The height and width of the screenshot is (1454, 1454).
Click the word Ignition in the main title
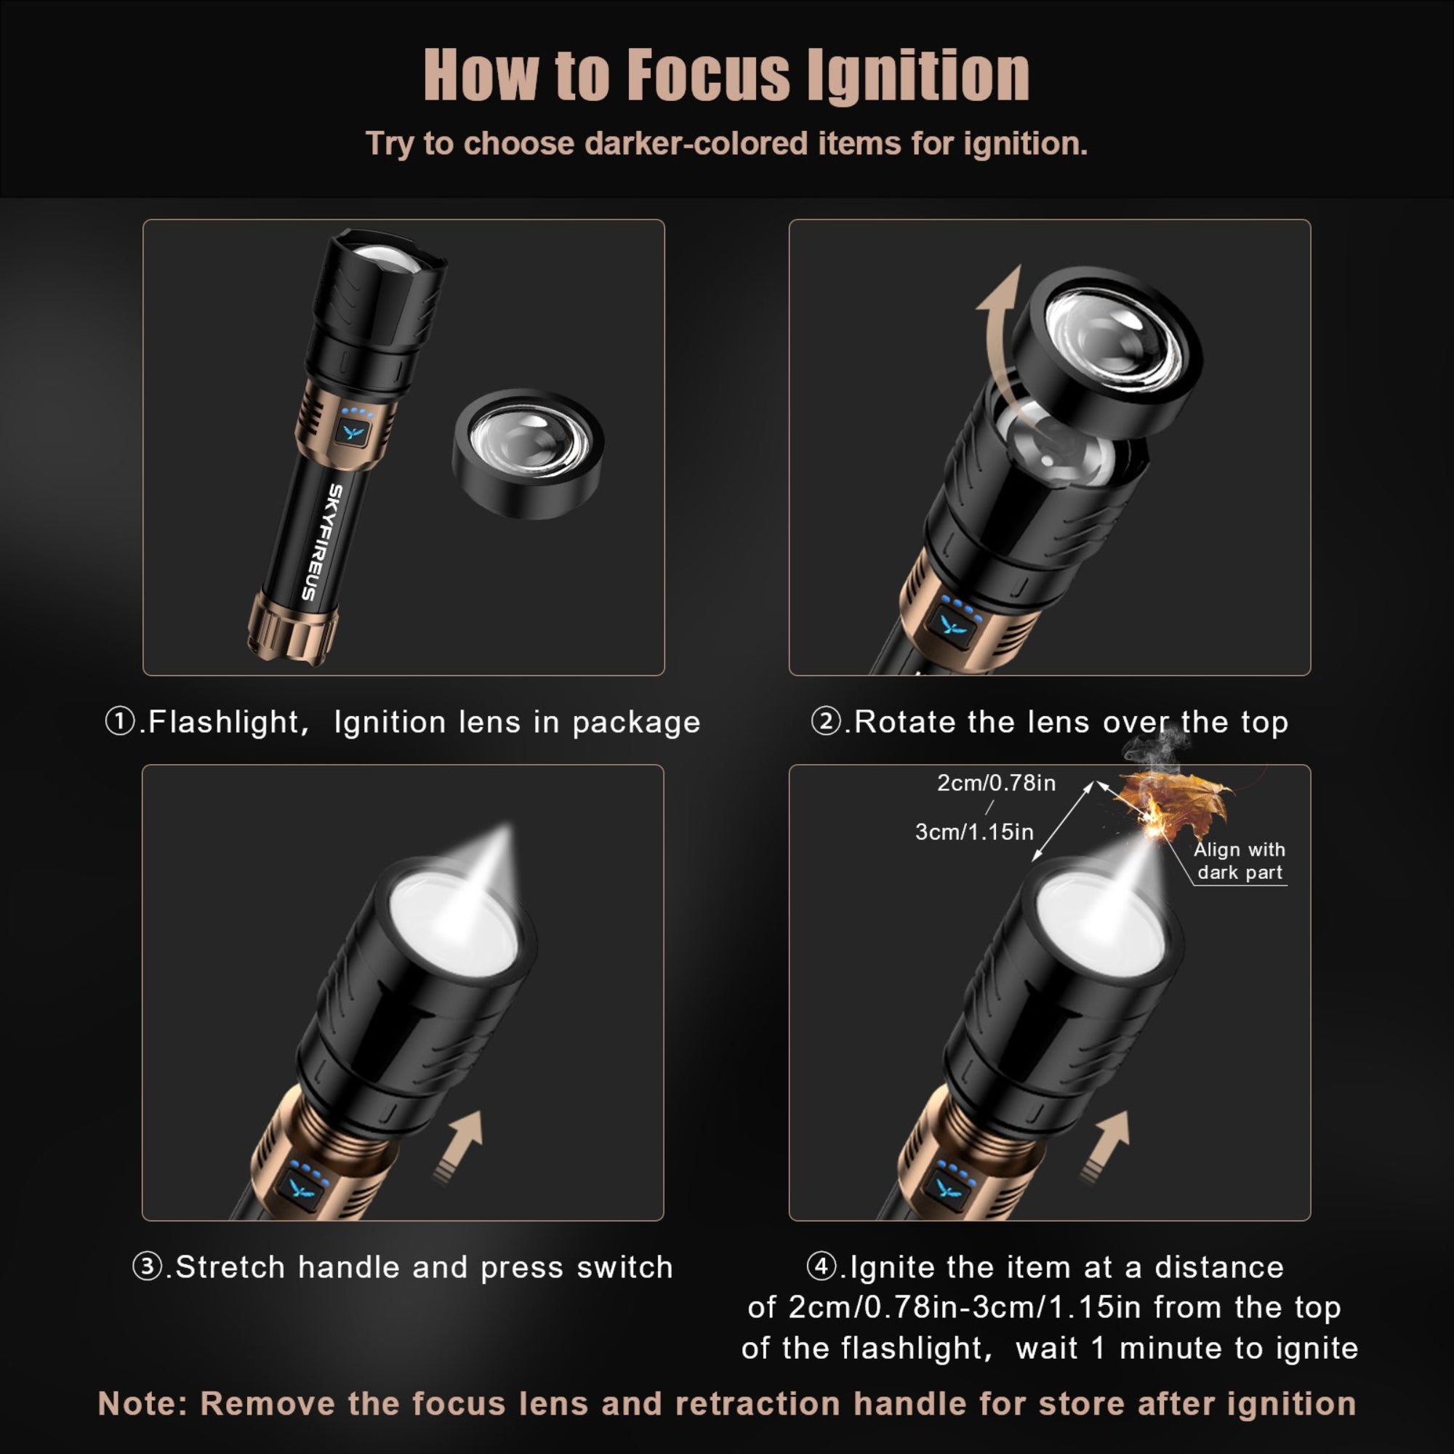click(917, 76)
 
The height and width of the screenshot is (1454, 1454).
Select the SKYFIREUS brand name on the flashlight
click(324, 542)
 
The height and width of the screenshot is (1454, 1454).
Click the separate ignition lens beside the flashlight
click(529, 453)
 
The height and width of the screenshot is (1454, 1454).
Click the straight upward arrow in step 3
click(461, 1147)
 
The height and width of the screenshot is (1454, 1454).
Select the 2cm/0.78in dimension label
click(996, 784)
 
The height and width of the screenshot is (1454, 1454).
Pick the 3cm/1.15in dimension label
click(974, 832)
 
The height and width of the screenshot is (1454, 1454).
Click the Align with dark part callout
click(1240, 861)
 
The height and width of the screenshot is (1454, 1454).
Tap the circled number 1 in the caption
click(120, 722)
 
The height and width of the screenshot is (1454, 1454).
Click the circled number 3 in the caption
click(147, 1267)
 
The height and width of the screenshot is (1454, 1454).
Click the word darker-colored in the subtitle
click(696, 144)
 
